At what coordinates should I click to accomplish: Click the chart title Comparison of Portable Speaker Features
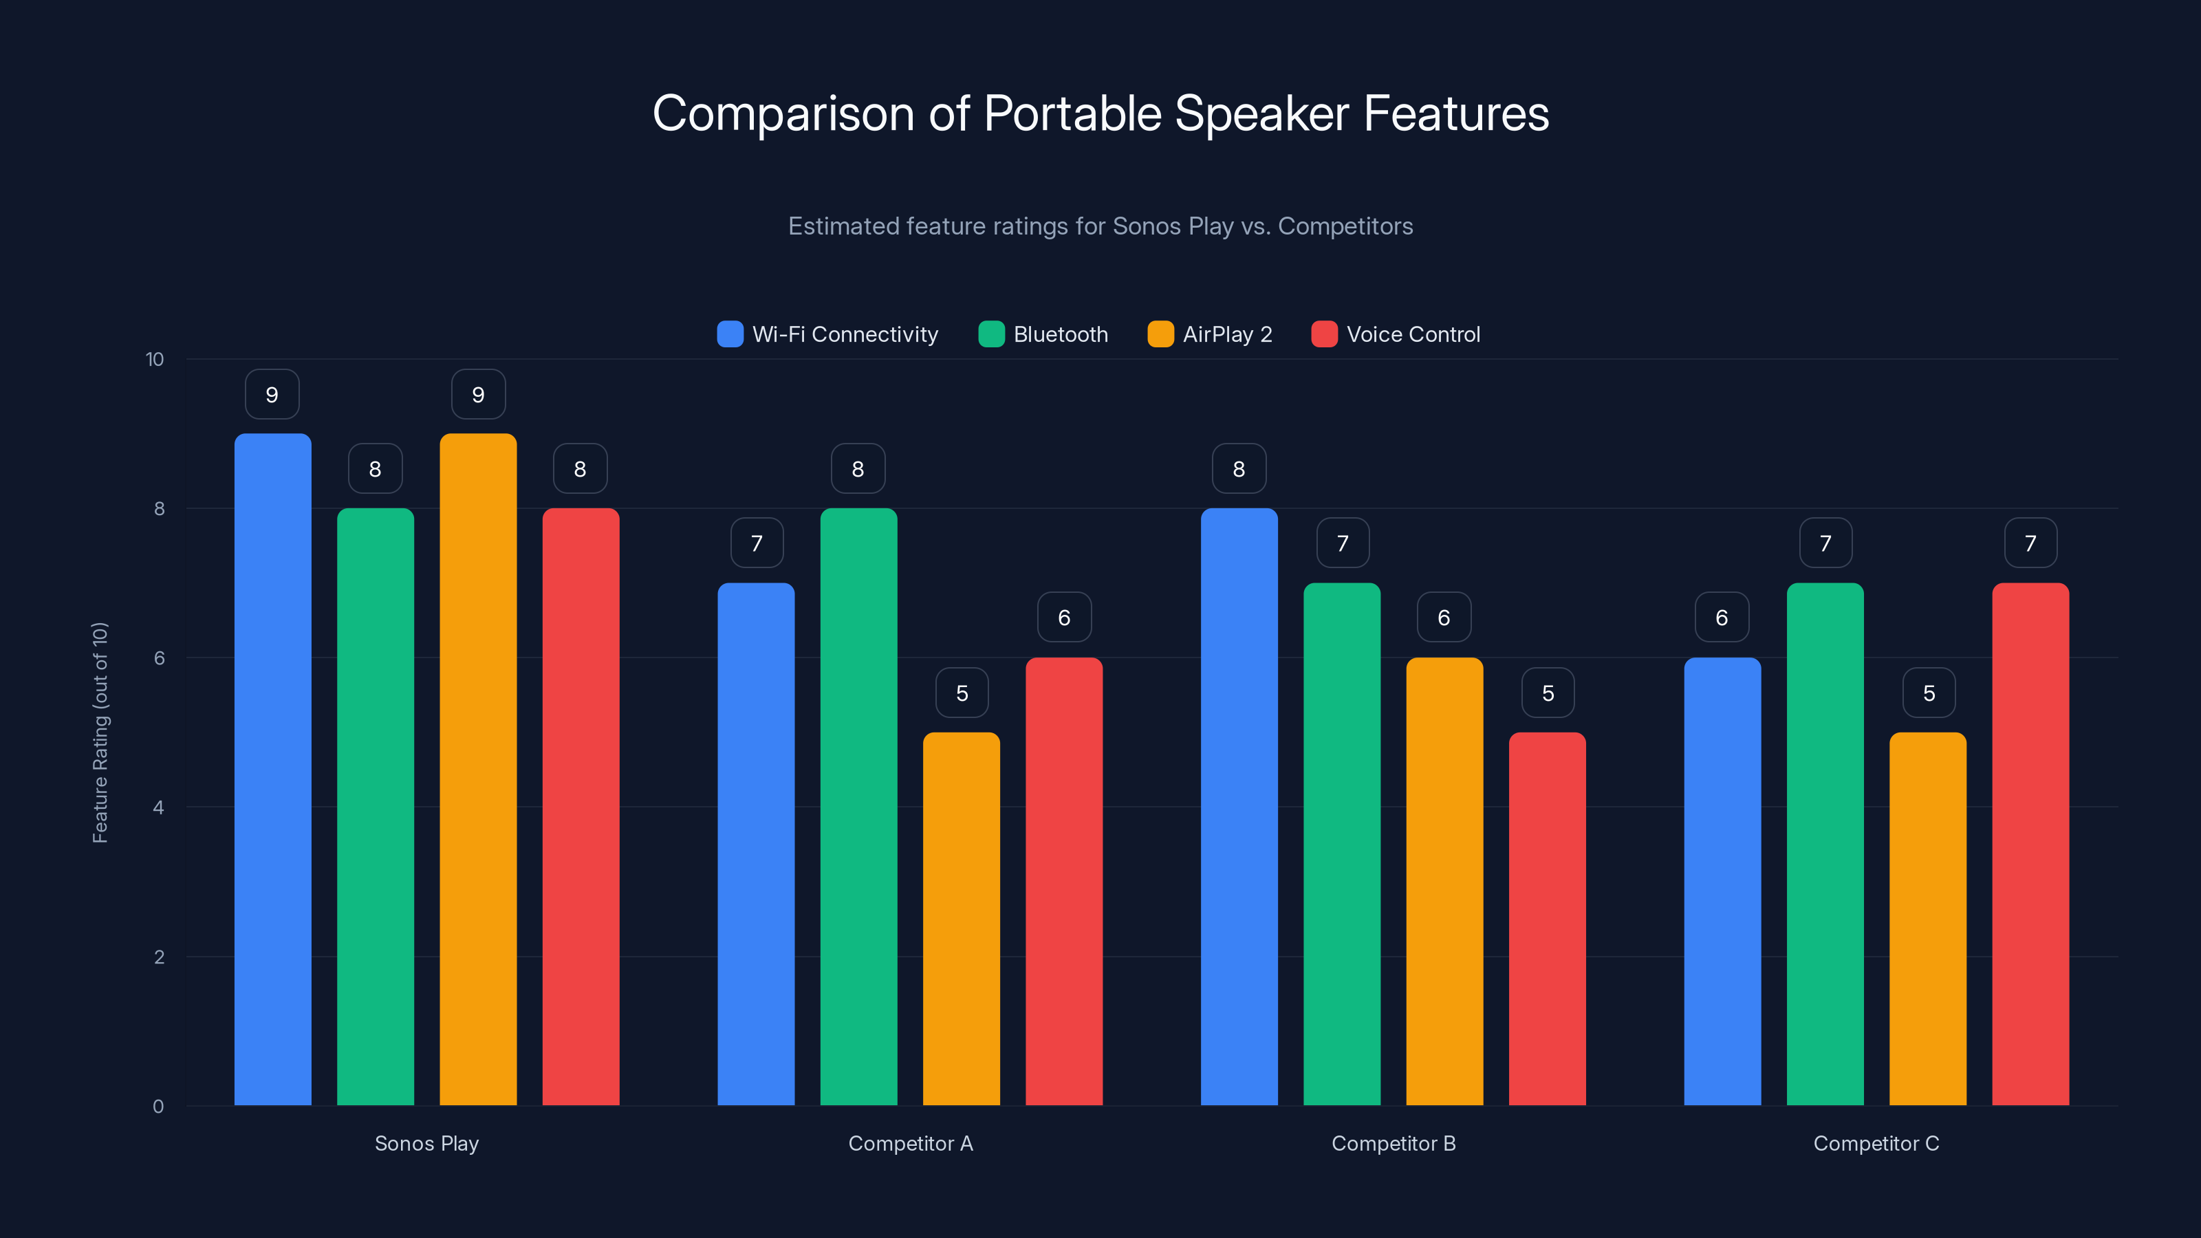pos(1100,113)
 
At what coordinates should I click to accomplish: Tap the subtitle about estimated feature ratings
pos(1100,226)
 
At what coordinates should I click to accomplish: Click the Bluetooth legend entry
pos(1043,334)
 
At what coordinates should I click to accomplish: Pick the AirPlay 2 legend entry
pos(1210,334)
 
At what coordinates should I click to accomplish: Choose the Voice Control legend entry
pos(1396,334)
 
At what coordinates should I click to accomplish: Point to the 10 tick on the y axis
pos(155,360)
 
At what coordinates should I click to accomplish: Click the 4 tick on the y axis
pos(158,807)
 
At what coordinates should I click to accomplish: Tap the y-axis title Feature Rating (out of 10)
pos(100,733)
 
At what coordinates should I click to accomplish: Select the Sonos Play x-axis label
pos(426,1143)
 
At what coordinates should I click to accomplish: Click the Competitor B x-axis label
pos(1394,1143)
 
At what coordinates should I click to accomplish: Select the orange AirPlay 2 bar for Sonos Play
pos(477,769)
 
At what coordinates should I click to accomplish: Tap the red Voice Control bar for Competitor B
pos(1548,918)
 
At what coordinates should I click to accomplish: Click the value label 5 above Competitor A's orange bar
pos(962,693)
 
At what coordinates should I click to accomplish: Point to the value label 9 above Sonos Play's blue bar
pos(272,395)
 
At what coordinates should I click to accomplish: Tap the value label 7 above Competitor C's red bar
pos(2031,543)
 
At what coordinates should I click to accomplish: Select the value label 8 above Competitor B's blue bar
pos(1239,469)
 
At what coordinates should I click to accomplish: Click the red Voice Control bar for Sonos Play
pos(581,807)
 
